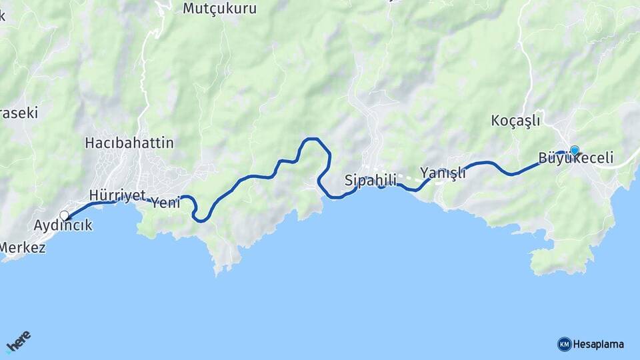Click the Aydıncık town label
click(x=63, y=226)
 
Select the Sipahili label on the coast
click(x=371, y=180)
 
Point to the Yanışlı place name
click(x=443, y=173)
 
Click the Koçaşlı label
click(x=515, y=121)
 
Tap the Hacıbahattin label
click(x=129, y=143)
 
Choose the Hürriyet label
click(x=117, y=195)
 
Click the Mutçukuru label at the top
click(x=219, y=9)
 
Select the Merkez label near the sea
click(x=23, y=248)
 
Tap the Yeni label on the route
click(x=165, y=203)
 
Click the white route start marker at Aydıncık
click(x=64, y=215)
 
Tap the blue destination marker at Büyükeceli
click(x=575, y=151)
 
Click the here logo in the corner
click(x=19, y=341)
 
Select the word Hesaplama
click(x=598, y=344)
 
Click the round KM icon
click(x=564, y=344)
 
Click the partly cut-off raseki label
click(x=19, y=113)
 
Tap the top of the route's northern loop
click(x=312, y=139)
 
